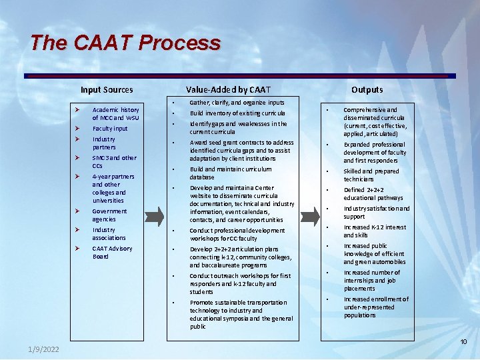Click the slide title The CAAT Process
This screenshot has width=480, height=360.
coord(125,43)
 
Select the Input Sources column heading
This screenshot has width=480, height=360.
coord(107,90)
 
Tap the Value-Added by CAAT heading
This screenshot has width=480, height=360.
coord(229,90)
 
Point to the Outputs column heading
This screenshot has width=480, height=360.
coord(367,90)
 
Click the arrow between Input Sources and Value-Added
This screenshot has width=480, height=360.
coord(154,215)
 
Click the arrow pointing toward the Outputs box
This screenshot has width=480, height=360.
coord(309,215)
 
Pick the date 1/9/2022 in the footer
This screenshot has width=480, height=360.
coord(43,350)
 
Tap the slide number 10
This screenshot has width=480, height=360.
coord(463,342)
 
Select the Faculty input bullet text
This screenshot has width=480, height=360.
coord(110,129)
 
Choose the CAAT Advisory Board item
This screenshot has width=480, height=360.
coord(112,253)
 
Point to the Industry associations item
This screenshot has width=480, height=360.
coord(109,234)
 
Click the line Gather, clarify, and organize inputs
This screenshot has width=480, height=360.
coord(237,103)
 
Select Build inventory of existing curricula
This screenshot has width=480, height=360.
coord(237,113)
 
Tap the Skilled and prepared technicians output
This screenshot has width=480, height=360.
coord(371,175)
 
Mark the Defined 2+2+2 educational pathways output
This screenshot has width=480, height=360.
coord(373,194)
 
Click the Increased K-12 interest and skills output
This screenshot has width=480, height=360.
coord(374,231)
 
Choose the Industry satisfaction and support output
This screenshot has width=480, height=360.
coord(376,213)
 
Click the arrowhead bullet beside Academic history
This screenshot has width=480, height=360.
coord(78,110)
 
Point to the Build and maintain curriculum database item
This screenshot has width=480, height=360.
coord(230,173)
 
